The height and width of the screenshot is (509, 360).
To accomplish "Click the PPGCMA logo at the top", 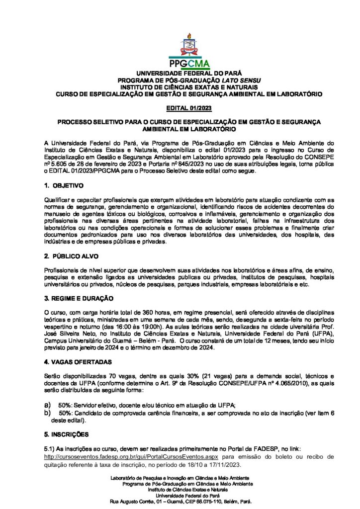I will tap(188, 52).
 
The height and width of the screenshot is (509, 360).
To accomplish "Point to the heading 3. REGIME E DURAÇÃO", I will tap(79, 298).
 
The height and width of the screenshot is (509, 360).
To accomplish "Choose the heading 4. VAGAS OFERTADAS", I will tap(78, 361).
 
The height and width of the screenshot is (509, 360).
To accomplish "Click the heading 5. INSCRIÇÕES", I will tap(67, 434).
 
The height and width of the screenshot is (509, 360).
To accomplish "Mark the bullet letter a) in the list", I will tap(48, 406).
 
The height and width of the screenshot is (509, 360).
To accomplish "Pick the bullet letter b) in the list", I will tap(48, 413).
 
